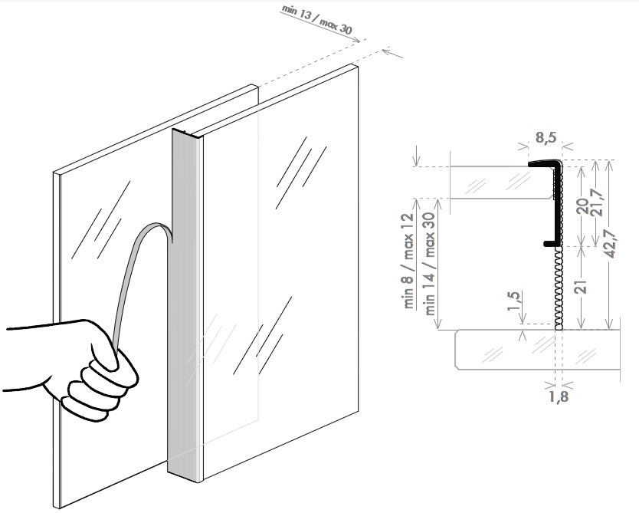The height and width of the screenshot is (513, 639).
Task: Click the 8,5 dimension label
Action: pos(546,138)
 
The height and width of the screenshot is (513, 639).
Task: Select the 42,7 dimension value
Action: pos(610,244)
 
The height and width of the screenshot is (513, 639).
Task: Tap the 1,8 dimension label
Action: pos(559,396)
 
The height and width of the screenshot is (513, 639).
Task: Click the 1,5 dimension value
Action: pos(513,301)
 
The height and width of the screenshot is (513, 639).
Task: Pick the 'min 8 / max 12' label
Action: pos(408,261)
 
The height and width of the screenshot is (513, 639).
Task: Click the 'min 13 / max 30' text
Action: pos(316,20)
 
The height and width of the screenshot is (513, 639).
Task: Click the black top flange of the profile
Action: pos(545,163)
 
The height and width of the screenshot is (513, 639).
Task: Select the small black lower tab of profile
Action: pos(551,243)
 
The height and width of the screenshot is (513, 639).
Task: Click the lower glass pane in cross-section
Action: pos(538,350)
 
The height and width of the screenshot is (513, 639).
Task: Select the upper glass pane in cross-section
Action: pos(502,183)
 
